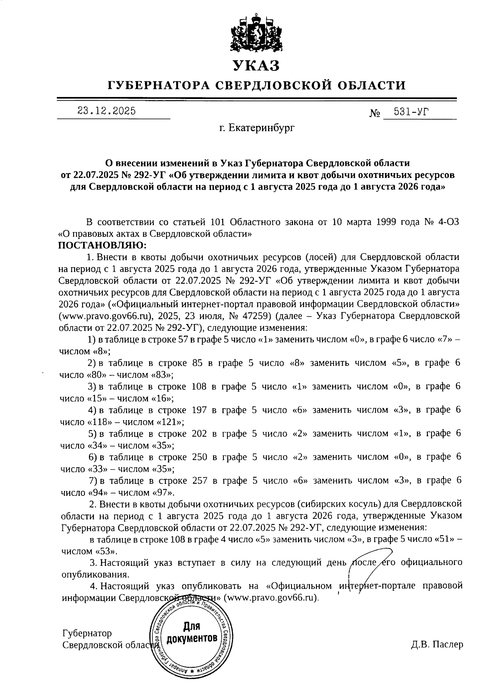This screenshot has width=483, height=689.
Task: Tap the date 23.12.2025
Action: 107,111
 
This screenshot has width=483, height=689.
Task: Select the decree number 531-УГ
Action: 411,112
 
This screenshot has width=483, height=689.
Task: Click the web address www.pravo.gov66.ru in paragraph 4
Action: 270,597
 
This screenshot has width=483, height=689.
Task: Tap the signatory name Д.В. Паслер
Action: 437,644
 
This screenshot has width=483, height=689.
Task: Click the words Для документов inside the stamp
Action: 192,632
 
